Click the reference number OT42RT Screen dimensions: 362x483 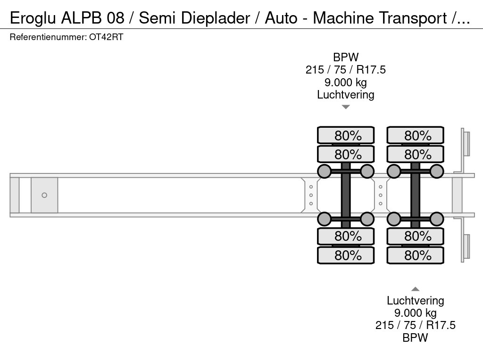[x=106, y=37]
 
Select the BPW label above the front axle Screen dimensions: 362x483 [x=345, y=58]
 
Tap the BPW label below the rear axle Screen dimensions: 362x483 [x=415, y=337]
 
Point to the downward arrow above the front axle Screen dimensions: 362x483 [x=346, y=107]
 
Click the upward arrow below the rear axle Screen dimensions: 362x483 [x=415, y=289]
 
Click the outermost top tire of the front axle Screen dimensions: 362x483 [x=346, y=135]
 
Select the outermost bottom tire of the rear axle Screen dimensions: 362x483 [x=415, y=255]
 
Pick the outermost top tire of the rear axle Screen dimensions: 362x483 [x=415, y=135]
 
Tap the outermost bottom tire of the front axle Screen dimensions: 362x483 [x=346, y=255]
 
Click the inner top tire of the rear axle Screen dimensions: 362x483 [x=415, y=154]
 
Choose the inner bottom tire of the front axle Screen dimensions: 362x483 [x=346, y=236]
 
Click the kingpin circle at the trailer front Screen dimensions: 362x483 [x=44, y=195]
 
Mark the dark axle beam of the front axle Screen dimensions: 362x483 [x=346, y=195]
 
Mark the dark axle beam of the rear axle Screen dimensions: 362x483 [x=415, y=195]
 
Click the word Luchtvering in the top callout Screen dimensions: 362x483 [x=345, y=95]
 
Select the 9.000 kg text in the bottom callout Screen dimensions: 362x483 [x=415, y=313]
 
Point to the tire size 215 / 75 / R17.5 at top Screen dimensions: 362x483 [x=345, y=70]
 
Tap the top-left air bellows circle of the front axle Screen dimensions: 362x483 [x=324, y=171]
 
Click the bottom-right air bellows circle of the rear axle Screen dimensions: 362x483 [x=437, y=219]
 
